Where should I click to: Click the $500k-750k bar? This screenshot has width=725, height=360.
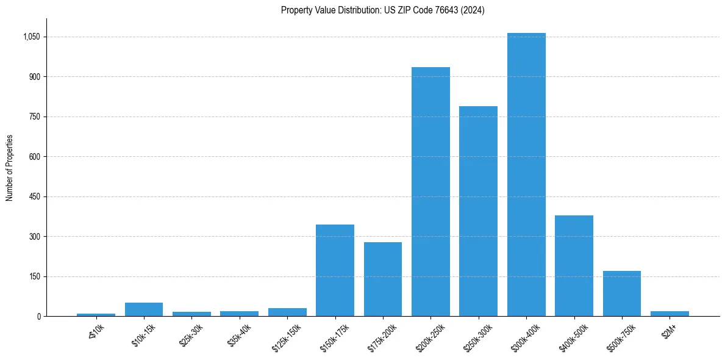[x=621, y=293]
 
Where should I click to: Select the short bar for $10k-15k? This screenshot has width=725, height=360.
[x=144, y=309]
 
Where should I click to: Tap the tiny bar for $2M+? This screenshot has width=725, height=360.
[x=670, y=314]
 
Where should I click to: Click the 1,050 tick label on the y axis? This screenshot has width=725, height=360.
[x=31, y=37]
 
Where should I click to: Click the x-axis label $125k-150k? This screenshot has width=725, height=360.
[x=286, y=335]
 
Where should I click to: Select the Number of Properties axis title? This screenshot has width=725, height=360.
[x=10, y=168]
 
